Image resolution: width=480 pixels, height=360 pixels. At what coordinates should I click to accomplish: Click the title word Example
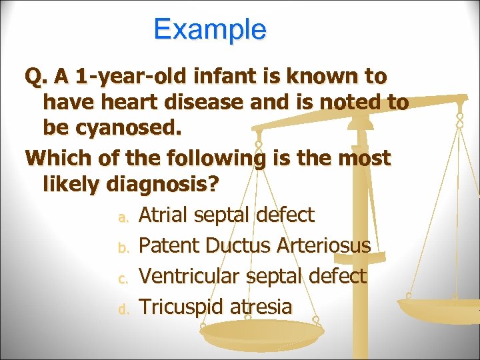click(x=209, y=29)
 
